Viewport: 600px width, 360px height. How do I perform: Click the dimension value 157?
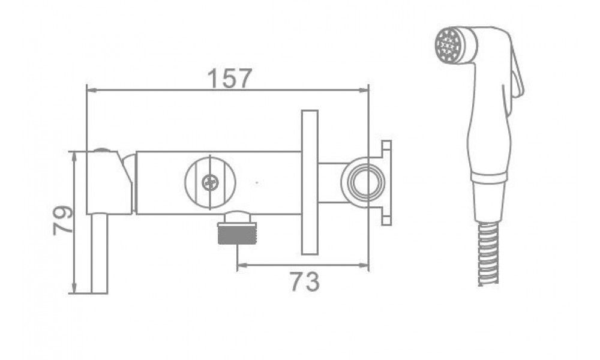click(230, 78)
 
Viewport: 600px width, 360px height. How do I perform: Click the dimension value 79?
click(63, 220)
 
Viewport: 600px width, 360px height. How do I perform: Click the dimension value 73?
click(304, 281)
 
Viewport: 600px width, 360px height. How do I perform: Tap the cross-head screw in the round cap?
click(209, 182)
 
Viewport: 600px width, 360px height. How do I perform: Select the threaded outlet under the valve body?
click(237, 229)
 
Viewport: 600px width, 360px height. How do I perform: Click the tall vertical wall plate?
click(310, 182)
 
